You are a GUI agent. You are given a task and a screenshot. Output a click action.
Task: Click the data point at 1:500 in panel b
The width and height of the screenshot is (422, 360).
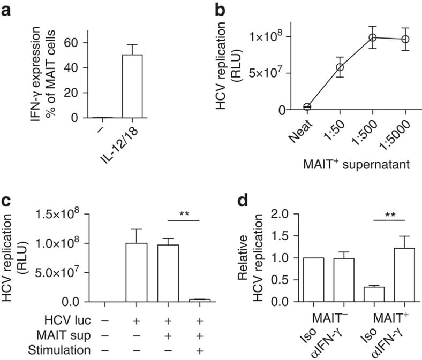373,37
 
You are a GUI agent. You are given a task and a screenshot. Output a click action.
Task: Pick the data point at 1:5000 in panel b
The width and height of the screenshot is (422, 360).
405,39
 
